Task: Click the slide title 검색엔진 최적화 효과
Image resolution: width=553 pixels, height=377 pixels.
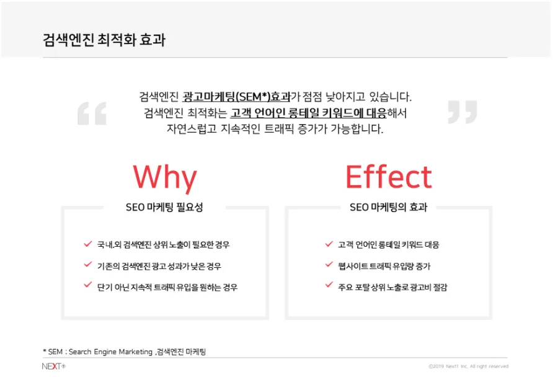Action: pyautogui.click(x=104, y=40)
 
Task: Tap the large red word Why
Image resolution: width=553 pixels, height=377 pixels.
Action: pyautogui.click(x=165, y=178)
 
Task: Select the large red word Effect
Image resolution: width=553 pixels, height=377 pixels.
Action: pyautogui.click(x=389, y=177)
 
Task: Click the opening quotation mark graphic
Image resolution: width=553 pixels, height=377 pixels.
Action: pyautogui.click(x=92, y=113)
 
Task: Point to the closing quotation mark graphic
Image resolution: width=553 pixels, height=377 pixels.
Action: pyautogui.click(x=462, y=112)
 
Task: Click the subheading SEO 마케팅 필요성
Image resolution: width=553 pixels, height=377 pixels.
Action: pyautogui.click(x=164, y=207)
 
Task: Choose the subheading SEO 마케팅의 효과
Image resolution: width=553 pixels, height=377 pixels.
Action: pyautogui.click(x=388, y=207)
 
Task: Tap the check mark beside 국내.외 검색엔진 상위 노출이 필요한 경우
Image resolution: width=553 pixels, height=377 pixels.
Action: pyautogui.click(x=88, y=244)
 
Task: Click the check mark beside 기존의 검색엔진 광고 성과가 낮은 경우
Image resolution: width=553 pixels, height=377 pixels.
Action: pyautogui.click(x=88, y=264)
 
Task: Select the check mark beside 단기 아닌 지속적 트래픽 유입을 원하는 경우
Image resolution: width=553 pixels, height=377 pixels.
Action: pyautogui.click(x=88, y=285)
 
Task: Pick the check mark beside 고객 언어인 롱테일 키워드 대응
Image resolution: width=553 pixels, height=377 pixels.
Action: pyautogui.click(x=329, y=244)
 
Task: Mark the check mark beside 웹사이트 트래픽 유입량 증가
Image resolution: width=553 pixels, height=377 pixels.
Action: pyautogui.click(x=329, y=264)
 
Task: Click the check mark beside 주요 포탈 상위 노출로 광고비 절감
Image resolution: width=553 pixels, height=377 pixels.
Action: pyautogui.click(x=329, y=285)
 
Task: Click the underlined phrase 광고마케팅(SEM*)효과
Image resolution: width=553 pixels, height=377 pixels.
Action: pyautogui.click(x=236, y=97)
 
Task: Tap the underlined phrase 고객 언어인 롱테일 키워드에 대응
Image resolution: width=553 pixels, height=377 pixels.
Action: pyautogui.click(x=309, y=113)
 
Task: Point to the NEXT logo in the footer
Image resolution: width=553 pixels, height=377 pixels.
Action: pyautogui.click(x=53, y=366)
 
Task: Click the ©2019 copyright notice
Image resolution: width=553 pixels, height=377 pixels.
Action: pyautogui.click(x=468, y=366)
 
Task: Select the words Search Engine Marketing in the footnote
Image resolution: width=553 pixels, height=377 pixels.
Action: pyautogui.click(x=110, y=352)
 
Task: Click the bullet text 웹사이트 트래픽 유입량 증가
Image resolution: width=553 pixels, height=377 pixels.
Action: pyautogui.click(x=384, y=266)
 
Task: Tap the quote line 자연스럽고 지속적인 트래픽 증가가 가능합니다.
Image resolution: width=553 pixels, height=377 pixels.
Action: pyautogui.click(x=275, y=129)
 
